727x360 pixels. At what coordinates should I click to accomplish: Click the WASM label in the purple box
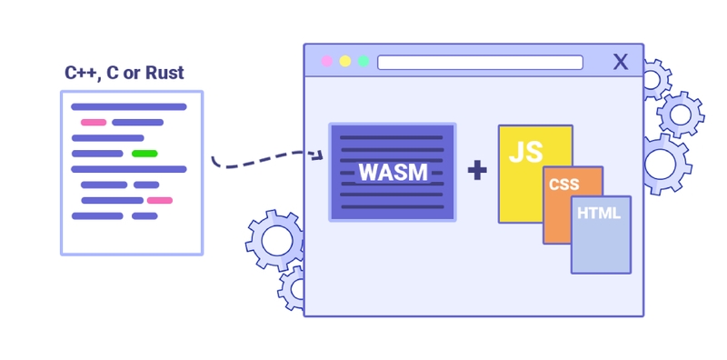click(393, 172)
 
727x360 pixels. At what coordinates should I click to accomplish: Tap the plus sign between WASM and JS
click(477, 171)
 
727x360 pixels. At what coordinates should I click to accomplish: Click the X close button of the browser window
click(621, 62)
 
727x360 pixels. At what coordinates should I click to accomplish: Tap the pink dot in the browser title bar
click(327, 62)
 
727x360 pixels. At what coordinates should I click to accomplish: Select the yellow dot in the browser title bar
click(345, 62)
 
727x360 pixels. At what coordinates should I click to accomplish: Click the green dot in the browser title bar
click(363, 62)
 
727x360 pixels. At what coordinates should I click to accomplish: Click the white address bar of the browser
click(480, 63)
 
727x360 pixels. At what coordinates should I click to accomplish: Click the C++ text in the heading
click(81, 73)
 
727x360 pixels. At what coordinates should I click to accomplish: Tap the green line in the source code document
click(144, 154)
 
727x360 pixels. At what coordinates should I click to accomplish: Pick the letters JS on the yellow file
click(525, 151)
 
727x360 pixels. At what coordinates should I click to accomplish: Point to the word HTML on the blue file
click(600, 214)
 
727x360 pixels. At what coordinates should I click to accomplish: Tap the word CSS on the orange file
click(563, 185)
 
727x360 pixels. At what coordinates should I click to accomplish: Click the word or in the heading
click(133, 74)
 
